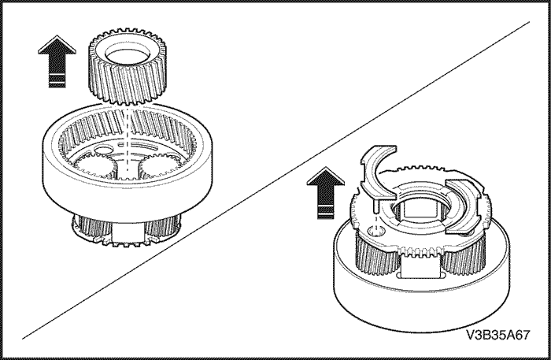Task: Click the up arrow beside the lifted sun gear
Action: pos(57,61)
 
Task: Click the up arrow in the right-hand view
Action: pos(325,193)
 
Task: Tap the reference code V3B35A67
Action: pos(498,335)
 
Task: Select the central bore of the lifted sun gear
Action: pos(128,56)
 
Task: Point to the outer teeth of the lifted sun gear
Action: pos(128,84)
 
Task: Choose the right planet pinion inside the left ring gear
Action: pos(159,164)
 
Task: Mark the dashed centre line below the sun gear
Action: pos(127,141)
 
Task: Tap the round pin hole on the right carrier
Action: pos(375,231)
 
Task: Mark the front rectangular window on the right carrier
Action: pos(420,266)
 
